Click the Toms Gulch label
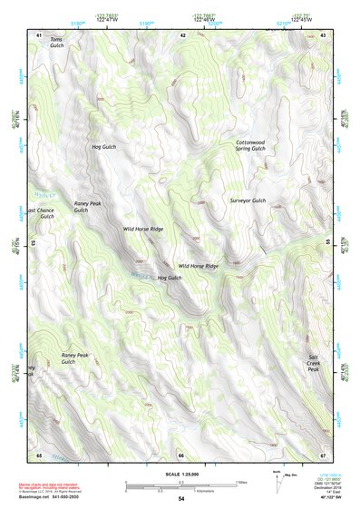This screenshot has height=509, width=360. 57,43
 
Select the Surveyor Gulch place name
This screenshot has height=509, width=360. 248,201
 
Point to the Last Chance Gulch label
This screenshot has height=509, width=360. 41,213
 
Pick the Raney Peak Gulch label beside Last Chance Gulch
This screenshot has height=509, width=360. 87,207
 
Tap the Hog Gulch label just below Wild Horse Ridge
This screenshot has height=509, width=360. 170,278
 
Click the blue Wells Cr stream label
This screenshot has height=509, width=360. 44,194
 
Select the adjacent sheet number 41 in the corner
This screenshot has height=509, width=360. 39,34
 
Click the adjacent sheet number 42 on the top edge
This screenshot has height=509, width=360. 183,34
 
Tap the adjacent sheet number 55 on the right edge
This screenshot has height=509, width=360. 326,243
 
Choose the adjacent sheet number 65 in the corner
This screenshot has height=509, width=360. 39,454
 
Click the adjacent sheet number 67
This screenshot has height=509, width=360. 323,454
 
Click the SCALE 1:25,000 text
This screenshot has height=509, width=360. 181,475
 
